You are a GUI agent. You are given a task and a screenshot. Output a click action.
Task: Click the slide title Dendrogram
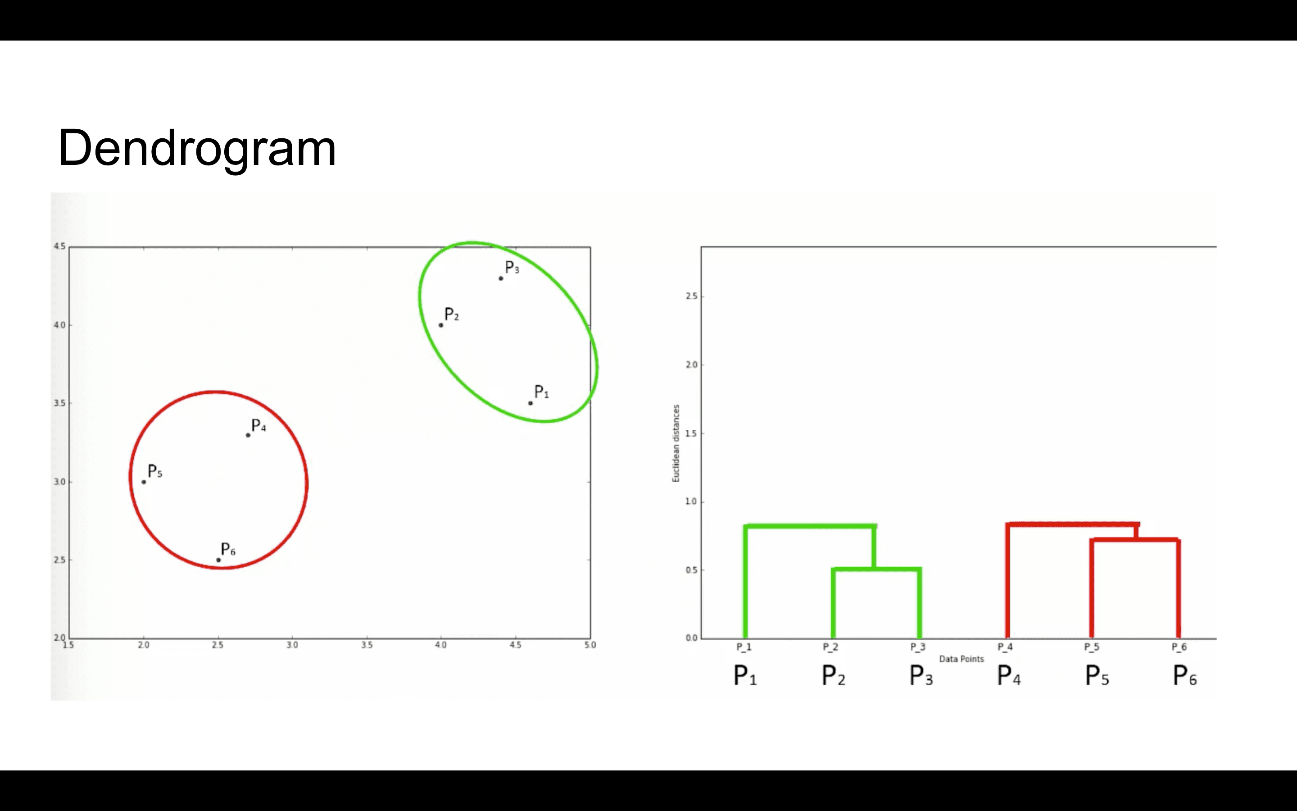click(197, 148)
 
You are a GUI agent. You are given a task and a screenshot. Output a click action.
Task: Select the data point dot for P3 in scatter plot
click(501, 278)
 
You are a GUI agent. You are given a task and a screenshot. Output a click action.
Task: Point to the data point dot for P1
click(531, 403)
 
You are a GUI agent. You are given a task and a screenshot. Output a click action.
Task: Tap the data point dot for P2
click(441, 325)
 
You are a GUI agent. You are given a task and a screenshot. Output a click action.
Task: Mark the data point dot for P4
click(248, 435)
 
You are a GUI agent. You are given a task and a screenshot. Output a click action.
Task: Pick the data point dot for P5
click(144, 482)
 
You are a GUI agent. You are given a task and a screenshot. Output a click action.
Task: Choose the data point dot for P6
click(218, 560)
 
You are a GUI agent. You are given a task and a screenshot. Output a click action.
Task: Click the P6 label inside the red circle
click(228, 549)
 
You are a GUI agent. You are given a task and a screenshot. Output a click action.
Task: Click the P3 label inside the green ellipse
click(512, 267)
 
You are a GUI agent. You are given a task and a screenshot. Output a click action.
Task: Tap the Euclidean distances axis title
click(676, 443)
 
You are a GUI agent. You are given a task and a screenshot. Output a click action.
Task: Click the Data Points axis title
click(961, 659)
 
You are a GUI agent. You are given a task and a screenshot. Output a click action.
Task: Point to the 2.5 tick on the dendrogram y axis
click(691, 296)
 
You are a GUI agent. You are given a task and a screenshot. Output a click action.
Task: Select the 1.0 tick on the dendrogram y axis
click(691, 501)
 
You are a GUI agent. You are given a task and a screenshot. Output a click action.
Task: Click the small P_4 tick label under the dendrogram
click(1005, 647)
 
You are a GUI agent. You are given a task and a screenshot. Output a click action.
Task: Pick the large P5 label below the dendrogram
click(1097, 675)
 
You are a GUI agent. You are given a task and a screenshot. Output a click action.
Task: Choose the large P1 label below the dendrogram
click(745, 675)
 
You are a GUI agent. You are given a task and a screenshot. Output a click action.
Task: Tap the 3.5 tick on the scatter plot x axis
click(367, 645)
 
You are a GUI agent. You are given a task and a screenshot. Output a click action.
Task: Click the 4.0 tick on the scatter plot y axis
click(59, 325)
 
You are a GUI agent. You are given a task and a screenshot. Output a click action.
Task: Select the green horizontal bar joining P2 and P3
click(877, 569)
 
